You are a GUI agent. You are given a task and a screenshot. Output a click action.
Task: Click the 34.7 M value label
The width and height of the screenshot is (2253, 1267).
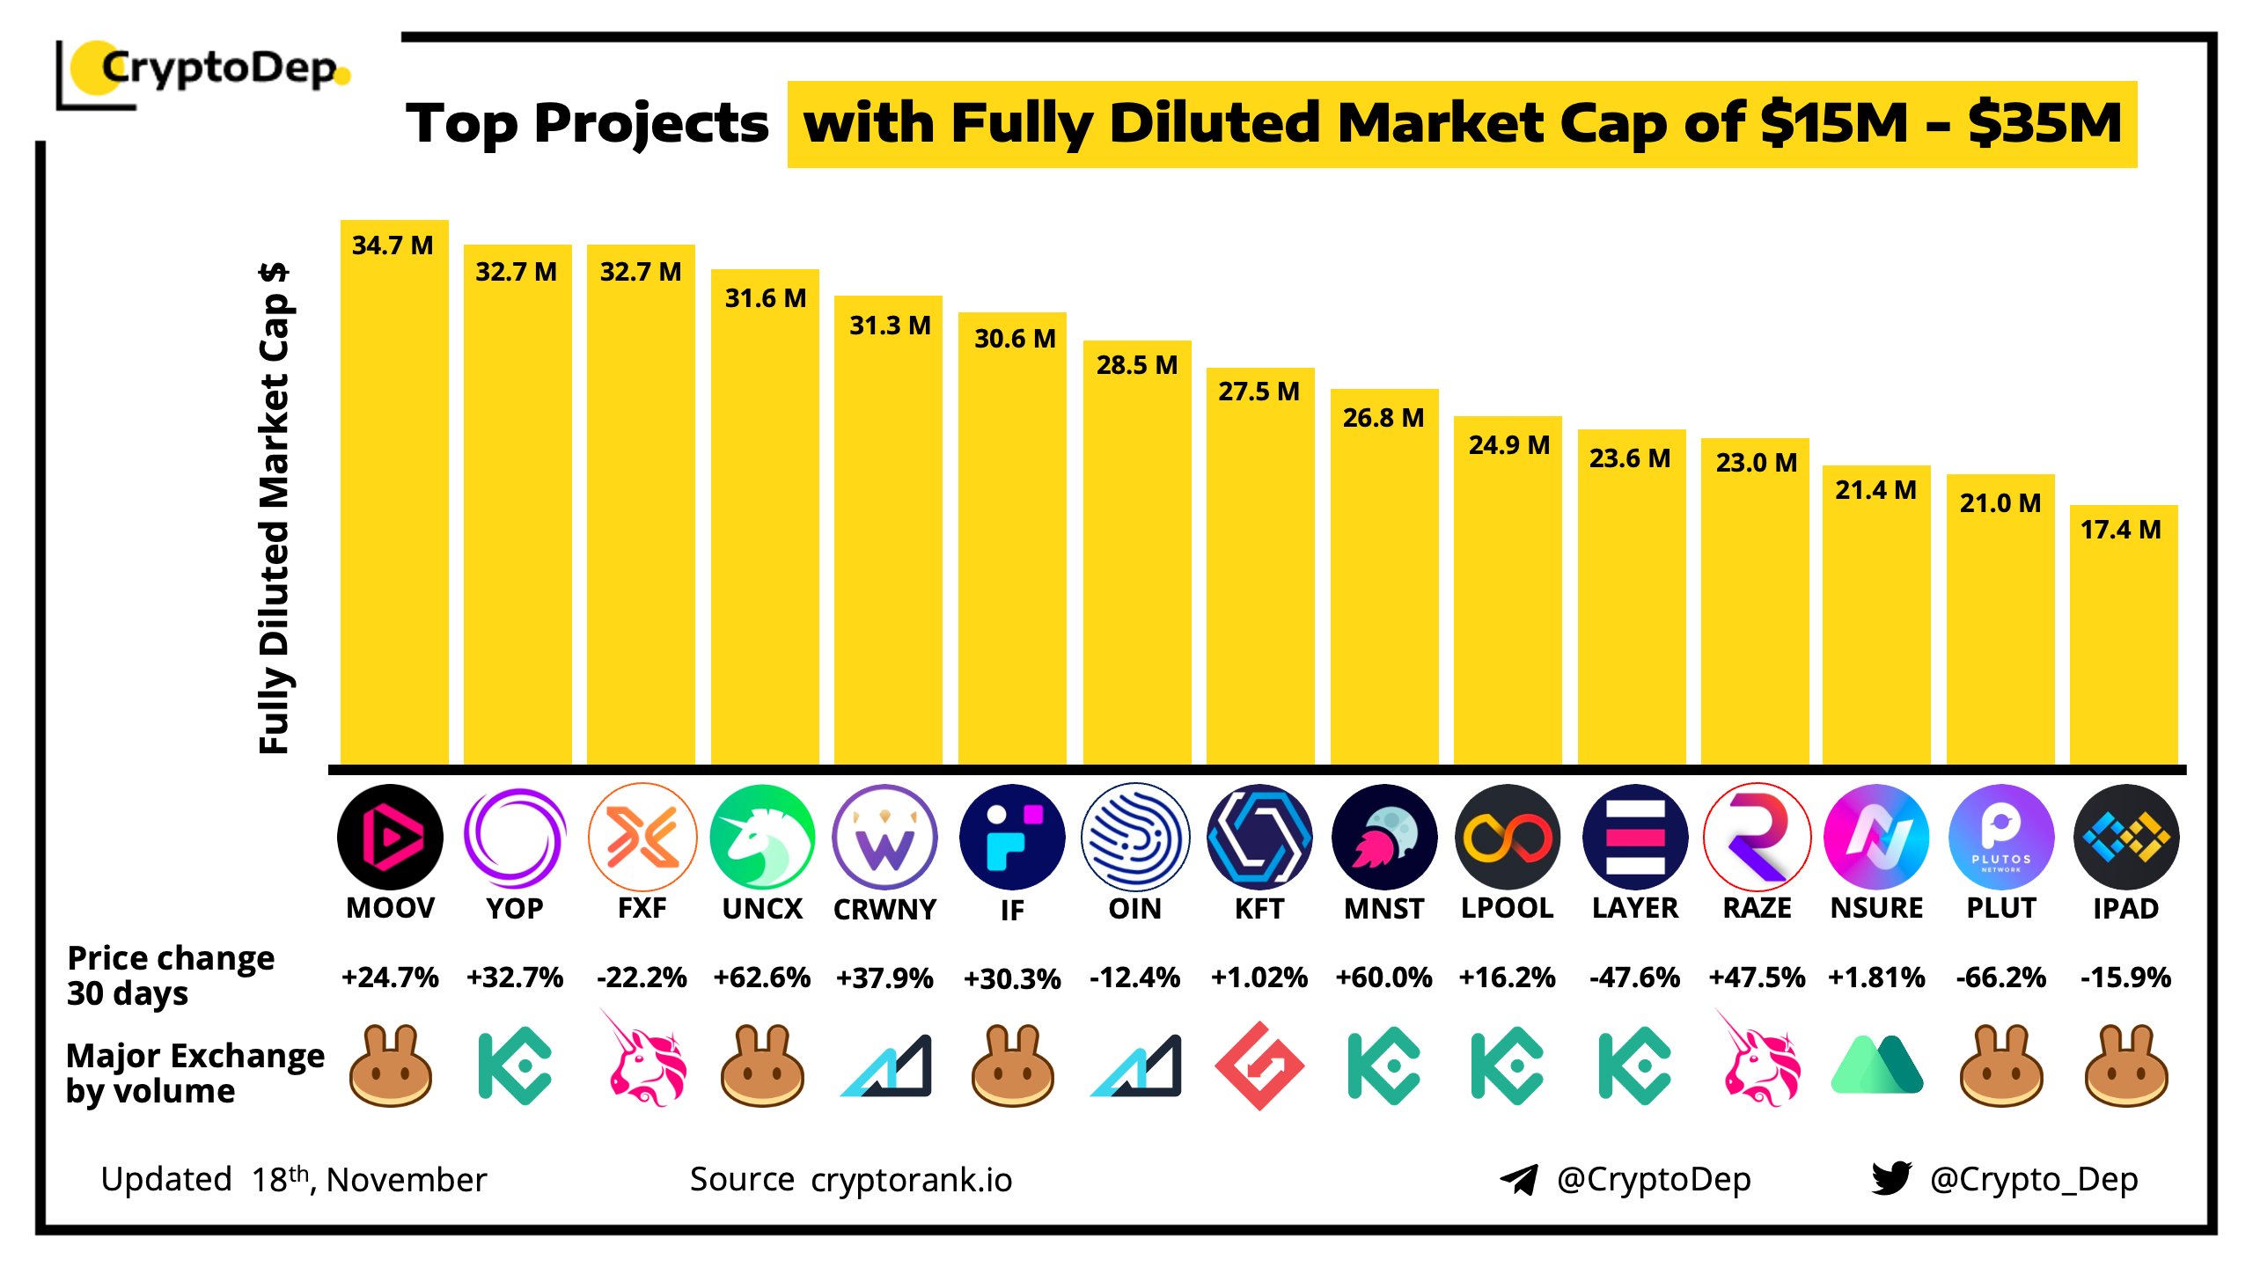coord(393,245)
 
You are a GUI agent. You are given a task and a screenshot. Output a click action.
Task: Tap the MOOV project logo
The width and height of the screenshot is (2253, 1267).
coord(390,837)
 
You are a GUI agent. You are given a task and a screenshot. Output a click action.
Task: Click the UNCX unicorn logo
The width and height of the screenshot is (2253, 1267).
coord(762,837)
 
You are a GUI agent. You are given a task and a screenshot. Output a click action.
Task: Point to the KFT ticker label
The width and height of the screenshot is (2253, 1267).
coord(1259,908)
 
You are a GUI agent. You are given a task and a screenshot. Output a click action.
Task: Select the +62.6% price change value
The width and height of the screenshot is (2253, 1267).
coord(762,978)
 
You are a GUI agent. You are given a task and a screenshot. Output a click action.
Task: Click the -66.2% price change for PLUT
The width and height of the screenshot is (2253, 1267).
coord(2000,978)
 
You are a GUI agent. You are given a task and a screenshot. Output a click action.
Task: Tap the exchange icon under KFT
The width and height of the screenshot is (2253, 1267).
coord(1259,1066)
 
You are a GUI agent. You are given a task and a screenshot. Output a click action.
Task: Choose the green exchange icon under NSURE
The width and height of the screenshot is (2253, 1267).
coord(1876,1066)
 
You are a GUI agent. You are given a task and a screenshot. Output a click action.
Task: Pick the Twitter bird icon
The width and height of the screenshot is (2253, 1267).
coord(1890,1178)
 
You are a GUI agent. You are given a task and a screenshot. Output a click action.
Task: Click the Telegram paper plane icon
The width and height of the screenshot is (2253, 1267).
coord(1518,1179)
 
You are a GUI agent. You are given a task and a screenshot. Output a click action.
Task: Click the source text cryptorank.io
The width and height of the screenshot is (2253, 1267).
coord(911,1180)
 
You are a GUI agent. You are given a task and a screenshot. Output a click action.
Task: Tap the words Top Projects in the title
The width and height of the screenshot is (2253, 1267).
coord(587,123)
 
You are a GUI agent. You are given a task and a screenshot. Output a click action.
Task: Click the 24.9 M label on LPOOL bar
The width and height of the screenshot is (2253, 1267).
coord(1508,445)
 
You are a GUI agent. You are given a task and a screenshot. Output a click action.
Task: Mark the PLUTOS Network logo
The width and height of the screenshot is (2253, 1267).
coord(2000,837)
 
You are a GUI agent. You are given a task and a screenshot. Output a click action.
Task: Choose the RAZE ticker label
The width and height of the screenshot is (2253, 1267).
coord(1757,908)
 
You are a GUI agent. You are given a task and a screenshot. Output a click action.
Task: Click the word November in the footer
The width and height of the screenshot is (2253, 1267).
coord(406,1180)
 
